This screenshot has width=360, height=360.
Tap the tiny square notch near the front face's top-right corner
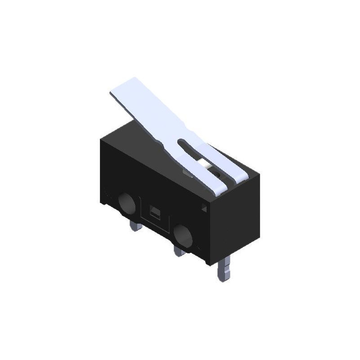(x=203, y=207)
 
